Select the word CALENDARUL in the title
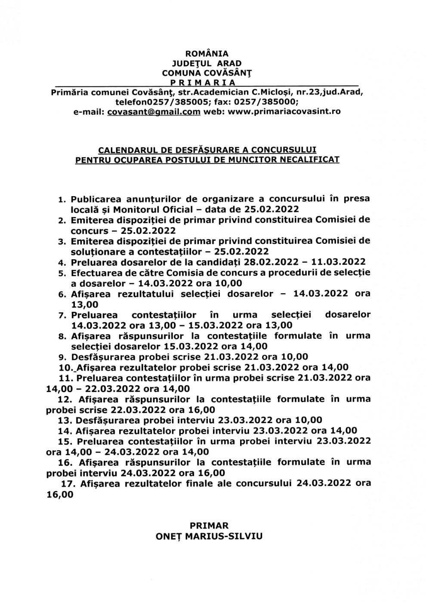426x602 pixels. point(123,150)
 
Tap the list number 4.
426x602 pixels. point(62,262)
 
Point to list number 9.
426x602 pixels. point(62,357)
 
